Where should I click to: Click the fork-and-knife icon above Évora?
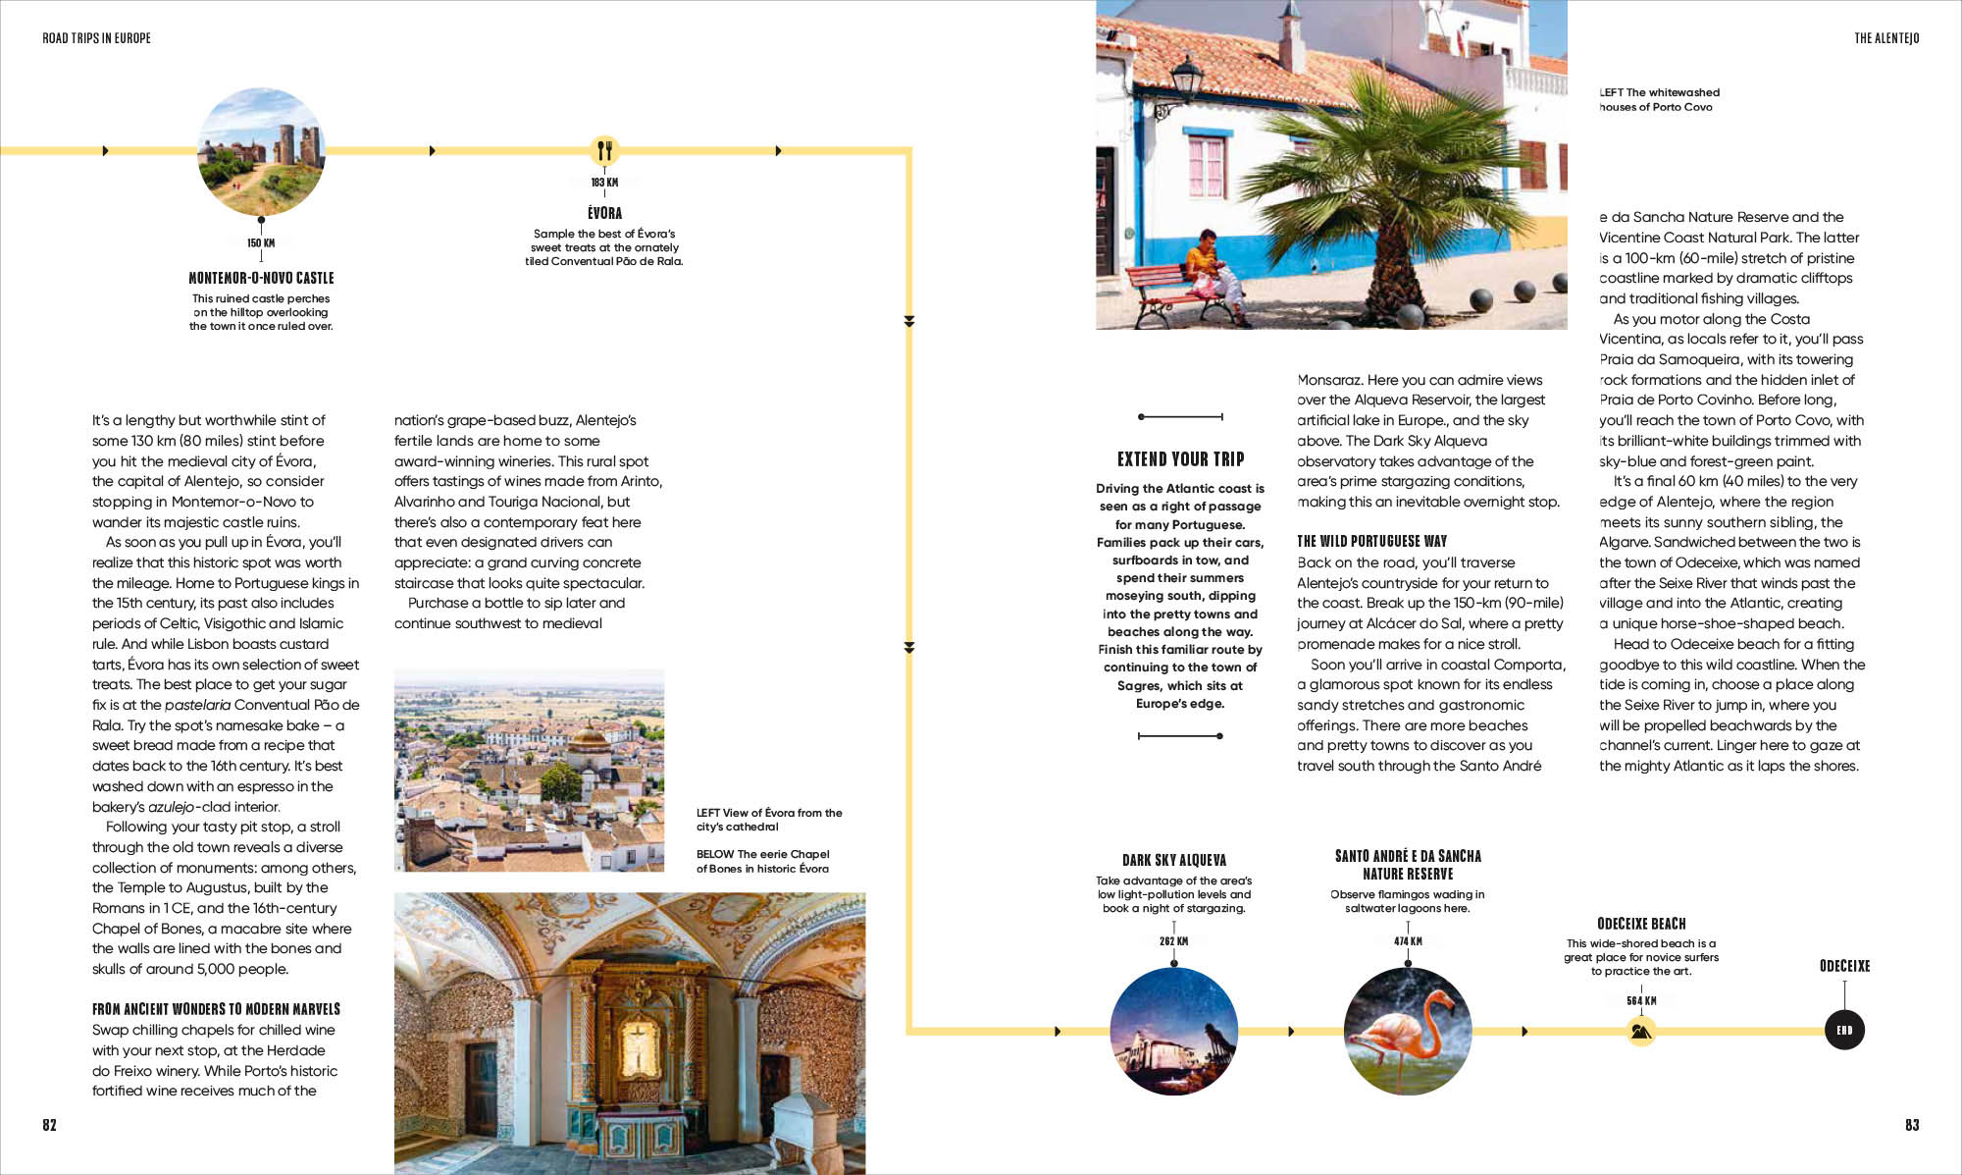click(604, 150)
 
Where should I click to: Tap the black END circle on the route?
click(1844, 1030)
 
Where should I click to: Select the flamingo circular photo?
click(1408, 1031)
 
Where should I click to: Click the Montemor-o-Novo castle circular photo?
click(261, 151)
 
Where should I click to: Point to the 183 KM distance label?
click(604, 183)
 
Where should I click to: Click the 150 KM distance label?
click(261, 243)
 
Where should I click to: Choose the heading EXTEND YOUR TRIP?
click(1180, 459)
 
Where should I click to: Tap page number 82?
click(49, 1125)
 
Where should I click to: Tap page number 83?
click(1912, 1125)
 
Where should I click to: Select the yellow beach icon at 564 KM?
click(1641, 1031)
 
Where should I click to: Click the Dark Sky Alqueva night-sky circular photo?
click(1174, 1031)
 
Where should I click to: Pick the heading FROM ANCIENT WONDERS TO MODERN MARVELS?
click(216, 1009)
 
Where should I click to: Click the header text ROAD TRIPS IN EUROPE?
click(96, 38)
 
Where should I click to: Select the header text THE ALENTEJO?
click(1886, 38)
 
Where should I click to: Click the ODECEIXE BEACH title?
click(1641, 924)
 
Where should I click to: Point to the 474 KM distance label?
click(1408, 941)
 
